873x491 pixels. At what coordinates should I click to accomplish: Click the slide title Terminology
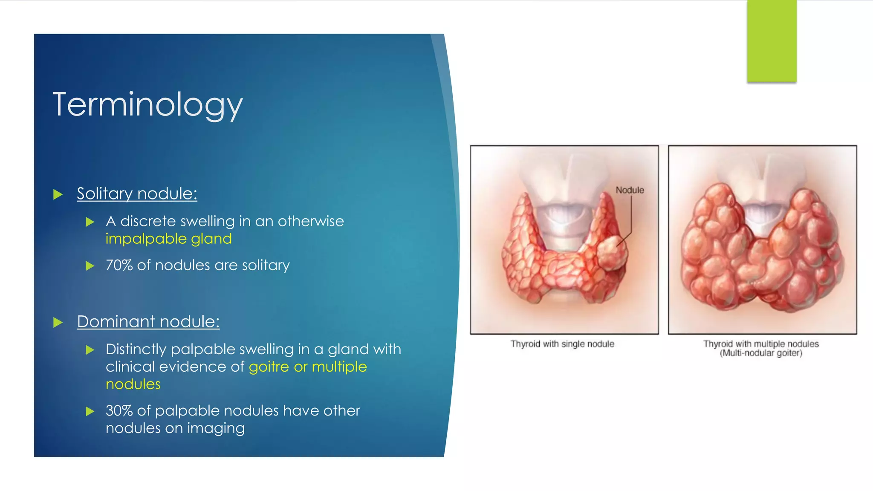[x=147, y=104]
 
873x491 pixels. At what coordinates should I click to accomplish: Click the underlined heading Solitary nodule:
[x=137, y=194]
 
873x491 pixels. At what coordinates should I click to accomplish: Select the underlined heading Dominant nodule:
[x=148, y=321]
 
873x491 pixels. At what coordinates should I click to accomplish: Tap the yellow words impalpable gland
[x=168, y=239]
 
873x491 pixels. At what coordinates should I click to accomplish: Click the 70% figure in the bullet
[x=119, y=265]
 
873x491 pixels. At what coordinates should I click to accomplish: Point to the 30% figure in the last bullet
[x=119, y=410]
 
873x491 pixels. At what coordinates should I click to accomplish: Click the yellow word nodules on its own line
[x=133, y=384]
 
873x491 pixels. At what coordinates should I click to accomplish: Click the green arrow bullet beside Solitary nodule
[x=58, y=195]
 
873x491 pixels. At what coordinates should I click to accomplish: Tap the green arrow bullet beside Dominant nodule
[x=58, y=323]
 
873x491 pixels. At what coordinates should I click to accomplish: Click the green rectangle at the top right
[x=772, y=41]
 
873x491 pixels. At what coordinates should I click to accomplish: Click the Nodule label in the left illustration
[x=630, y=190]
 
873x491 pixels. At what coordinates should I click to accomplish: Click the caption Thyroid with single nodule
[x=562, y=344]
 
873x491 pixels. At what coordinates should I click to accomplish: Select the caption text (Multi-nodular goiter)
[x=761, y=353]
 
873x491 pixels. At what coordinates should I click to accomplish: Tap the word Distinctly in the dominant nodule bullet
[x=136, y=349]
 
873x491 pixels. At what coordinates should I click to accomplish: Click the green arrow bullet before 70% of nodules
[x=90, y=266]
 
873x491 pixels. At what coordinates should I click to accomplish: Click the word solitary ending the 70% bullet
[x=266, y=265]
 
